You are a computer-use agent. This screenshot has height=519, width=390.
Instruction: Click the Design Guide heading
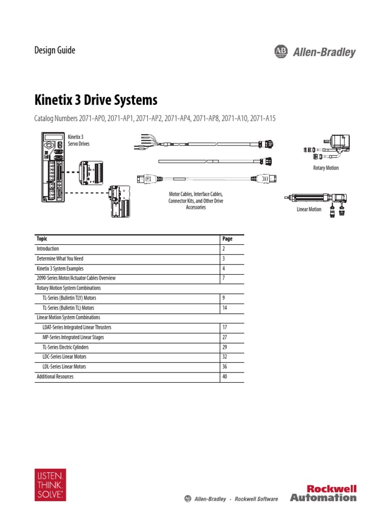[x=54, y=50]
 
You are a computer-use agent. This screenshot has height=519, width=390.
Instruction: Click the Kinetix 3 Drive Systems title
[x=95, y=99]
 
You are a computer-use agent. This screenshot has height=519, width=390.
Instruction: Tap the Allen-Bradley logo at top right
[x=315, y=52]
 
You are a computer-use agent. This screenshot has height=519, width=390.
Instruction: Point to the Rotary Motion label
[x=326, y=168]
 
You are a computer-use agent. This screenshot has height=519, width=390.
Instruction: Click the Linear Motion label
[x=309, y=209]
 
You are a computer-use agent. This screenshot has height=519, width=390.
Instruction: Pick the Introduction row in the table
[x=48, y=249]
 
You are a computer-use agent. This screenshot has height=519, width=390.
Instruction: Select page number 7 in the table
[x=223, y=278]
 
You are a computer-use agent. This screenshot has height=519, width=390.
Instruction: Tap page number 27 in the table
[x=224, y=337]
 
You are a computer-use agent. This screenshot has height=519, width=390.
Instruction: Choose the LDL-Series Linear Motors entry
[x=64, y=366]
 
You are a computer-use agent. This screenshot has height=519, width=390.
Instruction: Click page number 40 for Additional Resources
[x=225, y=377]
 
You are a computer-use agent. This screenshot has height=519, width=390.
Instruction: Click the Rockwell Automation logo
[x=323, y=493]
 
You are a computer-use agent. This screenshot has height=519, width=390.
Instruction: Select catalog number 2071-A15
[x=264, y=118]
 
